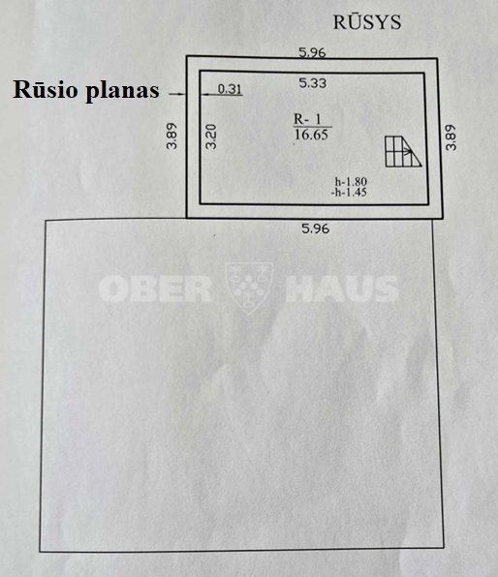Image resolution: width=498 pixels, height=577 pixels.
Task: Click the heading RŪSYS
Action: point(367,21)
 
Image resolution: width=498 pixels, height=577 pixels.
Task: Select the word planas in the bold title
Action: point(122,91)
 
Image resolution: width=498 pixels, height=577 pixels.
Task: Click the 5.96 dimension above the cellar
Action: point(312,52)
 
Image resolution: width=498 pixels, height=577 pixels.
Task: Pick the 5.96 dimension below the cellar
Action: point(315,228)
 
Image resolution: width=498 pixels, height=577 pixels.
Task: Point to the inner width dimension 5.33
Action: point(313,83)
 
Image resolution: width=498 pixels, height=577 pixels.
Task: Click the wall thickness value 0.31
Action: point(230,89)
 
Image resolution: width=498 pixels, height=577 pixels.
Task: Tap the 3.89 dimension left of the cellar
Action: point(172,136)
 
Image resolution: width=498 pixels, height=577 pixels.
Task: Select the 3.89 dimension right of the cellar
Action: point(451,137)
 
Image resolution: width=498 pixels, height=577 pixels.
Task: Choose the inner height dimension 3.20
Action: point(211,137)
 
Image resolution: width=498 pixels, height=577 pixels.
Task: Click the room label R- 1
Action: point(307,119)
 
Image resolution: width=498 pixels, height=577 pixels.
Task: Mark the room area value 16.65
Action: point(311,135)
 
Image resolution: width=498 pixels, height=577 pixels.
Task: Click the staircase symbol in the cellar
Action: point(403,152)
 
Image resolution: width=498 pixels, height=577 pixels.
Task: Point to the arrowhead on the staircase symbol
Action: point(408,151)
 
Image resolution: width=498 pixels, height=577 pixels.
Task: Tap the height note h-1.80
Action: point(351,182)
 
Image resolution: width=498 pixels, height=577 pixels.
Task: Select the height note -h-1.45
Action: point(349,192)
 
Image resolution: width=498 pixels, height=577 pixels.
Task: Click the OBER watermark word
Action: point(155,288)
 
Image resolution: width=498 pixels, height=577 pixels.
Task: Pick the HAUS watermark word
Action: point(342,288)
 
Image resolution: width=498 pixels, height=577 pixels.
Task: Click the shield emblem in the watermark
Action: point(249,288)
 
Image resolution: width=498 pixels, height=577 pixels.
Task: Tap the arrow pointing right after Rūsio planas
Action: point(177,94)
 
